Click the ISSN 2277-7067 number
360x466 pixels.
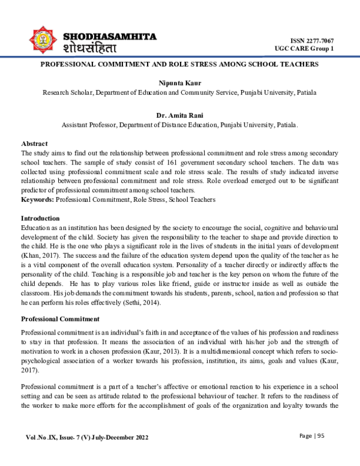click(x=313, y=39)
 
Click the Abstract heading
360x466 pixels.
click(x=34, y=144)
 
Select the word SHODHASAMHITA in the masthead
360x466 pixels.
click(x=110, y=37)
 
